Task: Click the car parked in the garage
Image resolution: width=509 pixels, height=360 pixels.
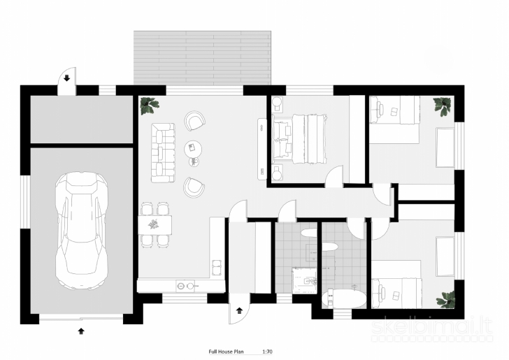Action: coord(81,231)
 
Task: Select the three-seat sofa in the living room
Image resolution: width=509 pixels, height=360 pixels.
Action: coord(163,152)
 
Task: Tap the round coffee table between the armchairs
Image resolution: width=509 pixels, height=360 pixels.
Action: coord(193,150)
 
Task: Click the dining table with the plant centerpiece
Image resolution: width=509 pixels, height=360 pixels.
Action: coord(155,224)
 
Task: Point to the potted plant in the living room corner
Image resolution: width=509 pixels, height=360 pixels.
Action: coord(149,105)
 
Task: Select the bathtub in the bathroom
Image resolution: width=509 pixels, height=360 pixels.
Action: coord(343,298)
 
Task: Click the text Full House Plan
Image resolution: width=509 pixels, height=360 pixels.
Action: coord(226,352)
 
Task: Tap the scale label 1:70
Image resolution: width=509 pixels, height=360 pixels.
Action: coord(267,352)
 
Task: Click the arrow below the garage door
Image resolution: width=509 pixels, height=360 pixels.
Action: coord(81,331)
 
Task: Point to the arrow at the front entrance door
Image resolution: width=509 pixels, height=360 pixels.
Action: coord(240,310)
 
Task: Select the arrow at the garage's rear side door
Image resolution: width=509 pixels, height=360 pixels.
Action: coord(67,78)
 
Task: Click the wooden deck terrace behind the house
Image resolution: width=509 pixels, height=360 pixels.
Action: coord(202,58)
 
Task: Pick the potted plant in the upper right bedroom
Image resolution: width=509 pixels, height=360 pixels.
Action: coord(443,106)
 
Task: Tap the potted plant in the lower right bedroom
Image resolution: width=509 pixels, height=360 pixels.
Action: coord(446,299)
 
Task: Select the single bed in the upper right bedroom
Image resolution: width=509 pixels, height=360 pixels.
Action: coord(395,110)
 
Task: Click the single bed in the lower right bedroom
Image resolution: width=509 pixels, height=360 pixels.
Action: coord(396,293)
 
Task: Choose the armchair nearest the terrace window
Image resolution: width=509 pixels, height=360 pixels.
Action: coord(195,121)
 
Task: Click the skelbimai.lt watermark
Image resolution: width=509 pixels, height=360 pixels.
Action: coord(432,327)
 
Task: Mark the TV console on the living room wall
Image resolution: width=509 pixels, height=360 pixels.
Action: coord(262,149)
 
